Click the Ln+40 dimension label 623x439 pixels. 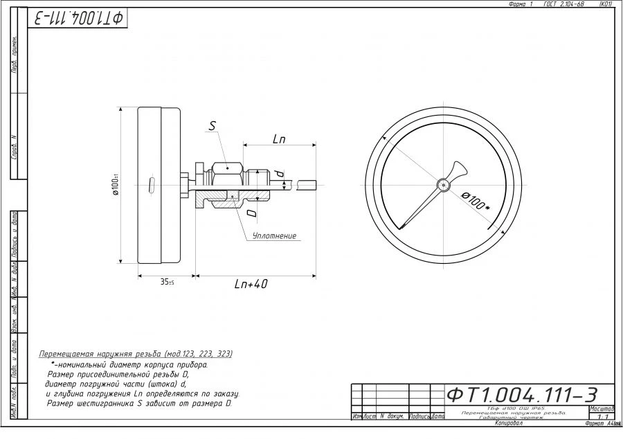250,284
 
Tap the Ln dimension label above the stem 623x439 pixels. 279,139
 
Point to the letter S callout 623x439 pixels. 213,126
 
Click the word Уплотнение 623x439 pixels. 274,236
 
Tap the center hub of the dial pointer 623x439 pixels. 443,184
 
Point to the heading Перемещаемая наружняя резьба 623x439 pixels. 136,353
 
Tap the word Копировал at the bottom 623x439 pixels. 509,422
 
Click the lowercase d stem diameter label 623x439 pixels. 279,172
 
